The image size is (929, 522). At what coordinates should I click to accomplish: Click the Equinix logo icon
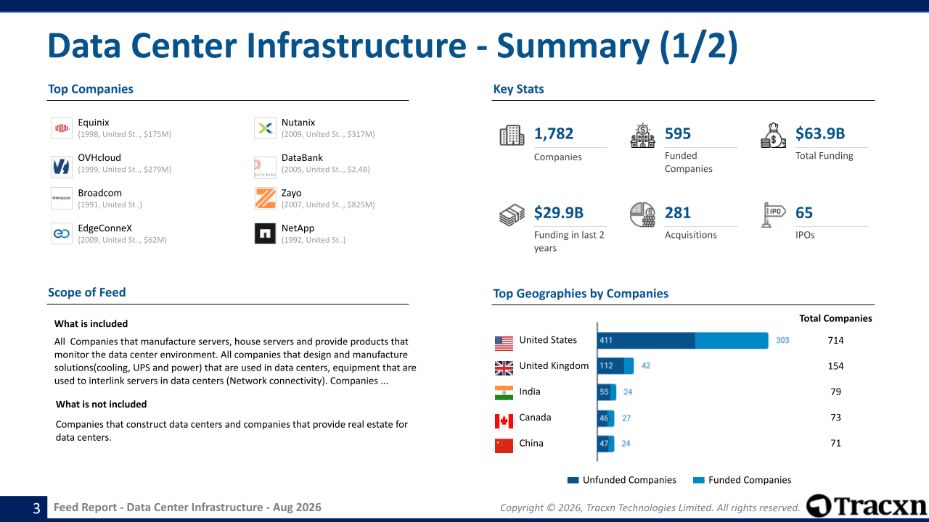pyautogui.click(x=62, y=128)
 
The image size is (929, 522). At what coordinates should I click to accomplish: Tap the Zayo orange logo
pyautogui.click(x=265, y=199)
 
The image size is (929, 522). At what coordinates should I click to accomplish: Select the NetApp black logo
pyautogui.click(x=265, y=233)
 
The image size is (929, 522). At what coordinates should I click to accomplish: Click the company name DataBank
pyautogui.click(x=302, y=158)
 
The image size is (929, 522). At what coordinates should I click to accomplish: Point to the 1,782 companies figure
pyautogui.click(x=554, y=133)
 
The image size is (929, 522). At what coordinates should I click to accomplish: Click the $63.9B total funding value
pyautogui.click(x=820, y=133)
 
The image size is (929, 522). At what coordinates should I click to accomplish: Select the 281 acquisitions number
pyautogui.click(x=678, y=212)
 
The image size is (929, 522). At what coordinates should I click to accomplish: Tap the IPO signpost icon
pyautogui.click(x=773, y=215)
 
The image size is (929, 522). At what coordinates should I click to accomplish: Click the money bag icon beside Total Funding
pyautogui.click(x=773, y=136)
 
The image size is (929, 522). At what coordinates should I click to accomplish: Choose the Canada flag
pyautogui.click(x=504, y=421)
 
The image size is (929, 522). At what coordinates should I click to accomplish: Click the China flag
pyautogui.click(x=504, y=446)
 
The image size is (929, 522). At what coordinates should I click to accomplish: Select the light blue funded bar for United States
pyautogui.click(x=732, y=341)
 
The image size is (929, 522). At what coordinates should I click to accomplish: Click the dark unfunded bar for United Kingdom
pyautogui.click(x=610, y=366)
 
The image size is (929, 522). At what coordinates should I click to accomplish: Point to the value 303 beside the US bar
pyautogui.click(x=782, y=340)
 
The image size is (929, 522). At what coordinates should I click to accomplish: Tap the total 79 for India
pyautogui.click(x=835, y=391)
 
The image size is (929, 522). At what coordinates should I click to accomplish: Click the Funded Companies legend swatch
pyautogui.click(x=699, y=480)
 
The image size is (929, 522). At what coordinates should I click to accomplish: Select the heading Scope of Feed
pyautogui.click(x=86, y=292)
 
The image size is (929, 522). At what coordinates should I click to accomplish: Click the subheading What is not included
pyautogui.click(x=101, y=404)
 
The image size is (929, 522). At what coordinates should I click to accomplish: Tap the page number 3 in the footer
pyautogui.click(x=36, y=508)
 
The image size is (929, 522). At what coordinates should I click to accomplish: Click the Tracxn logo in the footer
pyautogui.click(x=867, y=506)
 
